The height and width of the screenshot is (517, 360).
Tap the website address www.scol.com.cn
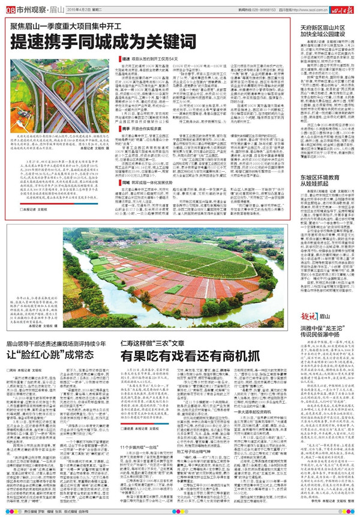click(x=304, y=9)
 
